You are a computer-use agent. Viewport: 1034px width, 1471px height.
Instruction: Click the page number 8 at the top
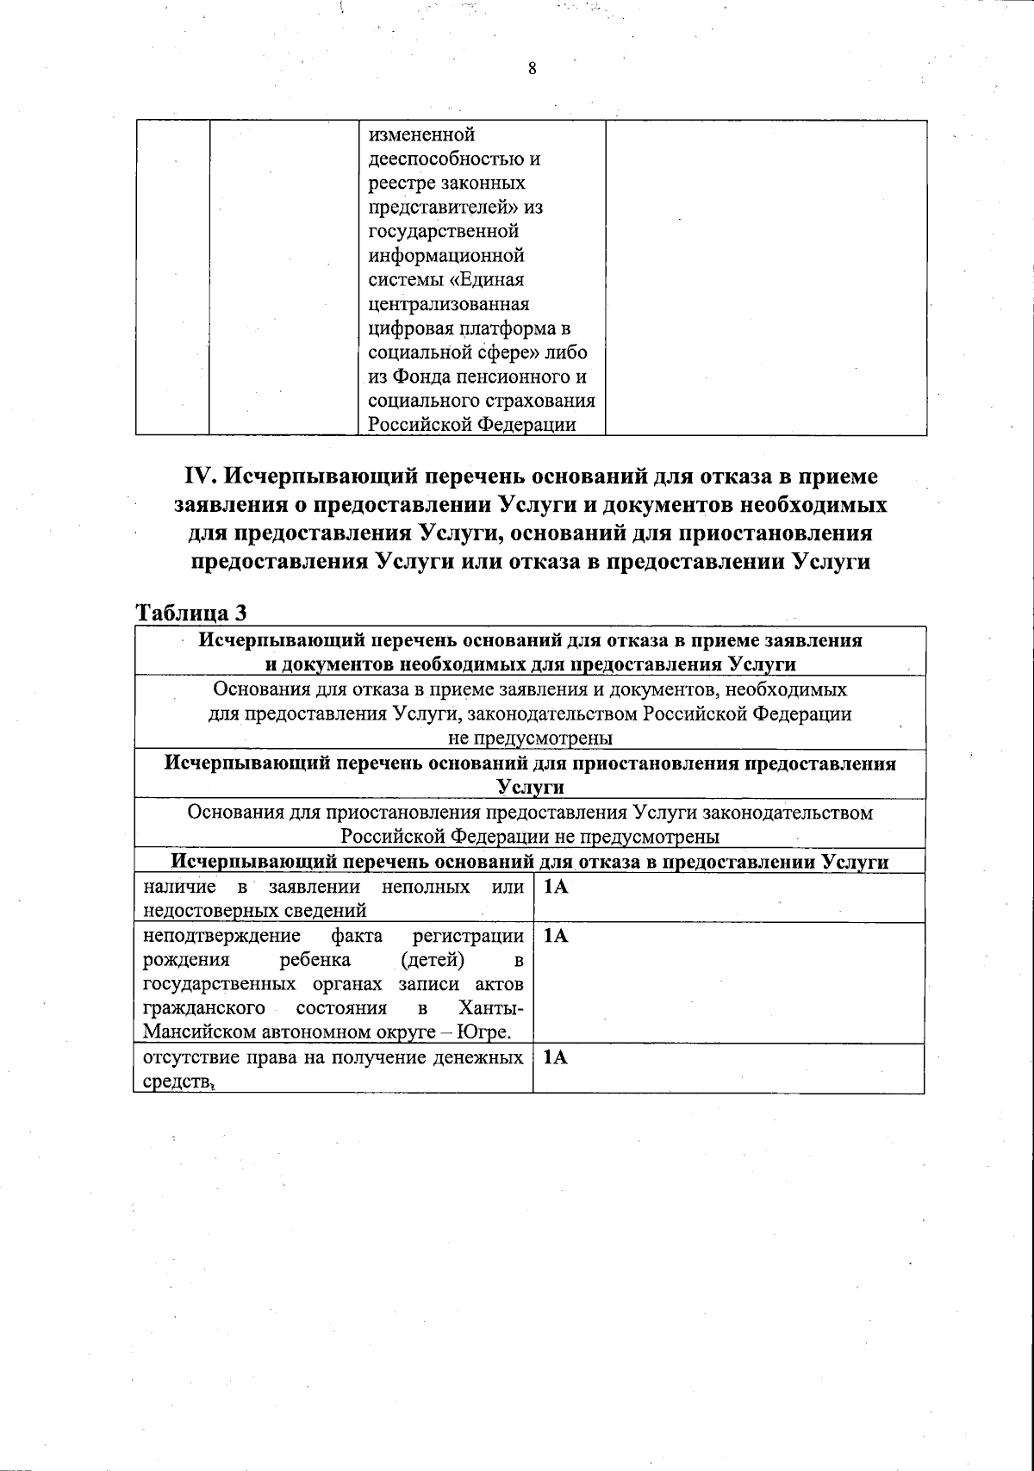click(532, 70)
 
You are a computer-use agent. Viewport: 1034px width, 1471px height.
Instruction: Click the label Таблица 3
click(192, 613)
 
